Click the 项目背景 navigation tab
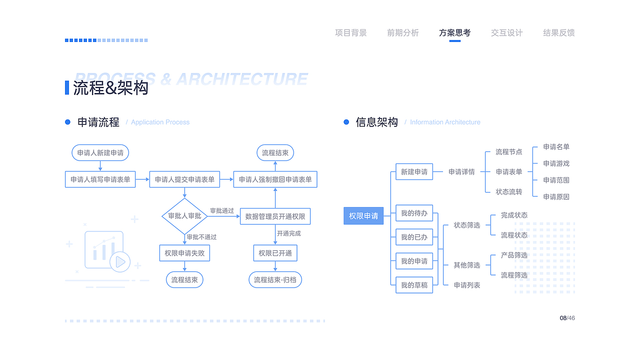pos(350,33)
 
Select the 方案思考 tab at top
pos(454,33)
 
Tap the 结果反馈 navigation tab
pos(558,33)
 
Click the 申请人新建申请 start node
pos(100,152)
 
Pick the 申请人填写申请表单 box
pos(100,179)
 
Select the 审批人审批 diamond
pos(184,216)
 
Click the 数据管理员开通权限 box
pos(275,216)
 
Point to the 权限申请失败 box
pos(184,253)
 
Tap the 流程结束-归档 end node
pos(275,279)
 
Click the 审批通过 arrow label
pos(221,211)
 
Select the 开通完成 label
pos(289,233)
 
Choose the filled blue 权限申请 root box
pos(363,216)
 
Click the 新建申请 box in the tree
pos(414,172)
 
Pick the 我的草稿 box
pos(414,285)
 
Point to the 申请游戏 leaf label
pos(556,163)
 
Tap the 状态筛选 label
pos(466,225)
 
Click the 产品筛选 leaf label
pos(514,255)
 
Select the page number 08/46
pos(567,318)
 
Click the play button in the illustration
pos(120,261)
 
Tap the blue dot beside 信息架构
pos(346,122)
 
